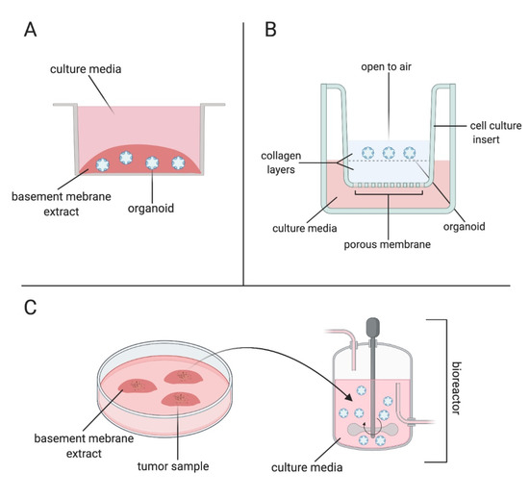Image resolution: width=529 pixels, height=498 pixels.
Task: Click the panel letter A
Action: tap(31, 31)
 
